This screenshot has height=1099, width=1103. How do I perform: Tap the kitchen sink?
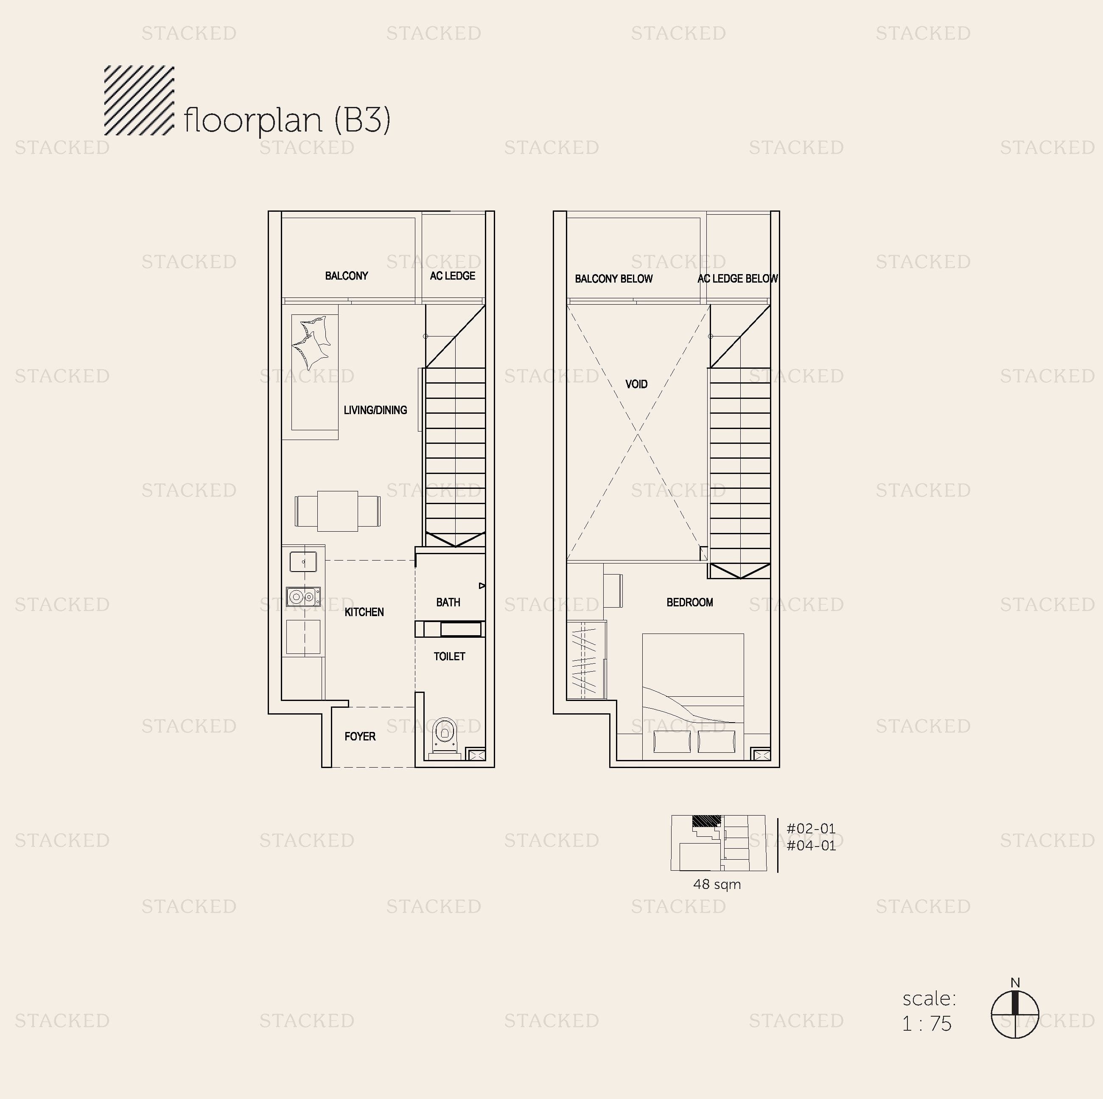(x=303, y=562)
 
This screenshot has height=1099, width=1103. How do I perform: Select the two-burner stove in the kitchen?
(x=303, y=597)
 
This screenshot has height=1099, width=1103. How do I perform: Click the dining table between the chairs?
(x=337, y=511)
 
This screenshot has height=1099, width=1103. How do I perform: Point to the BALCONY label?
(x=347, y=276)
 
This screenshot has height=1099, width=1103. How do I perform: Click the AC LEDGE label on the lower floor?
(x=453, y=276)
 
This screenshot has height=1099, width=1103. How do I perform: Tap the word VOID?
(x=637, y=384)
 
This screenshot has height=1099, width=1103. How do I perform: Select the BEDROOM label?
(x=690, y=602)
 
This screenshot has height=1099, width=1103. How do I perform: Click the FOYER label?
(x=360, y=737)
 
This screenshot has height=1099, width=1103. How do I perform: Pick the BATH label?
(x=448, y=602)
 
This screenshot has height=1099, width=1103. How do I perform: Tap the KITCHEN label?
(x=364, y=612)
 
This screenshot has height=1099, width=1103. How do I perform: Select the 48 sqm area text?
(x=717, y=884)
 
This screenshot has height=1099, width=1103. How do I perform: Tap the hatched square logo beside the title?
(x=139, y=101)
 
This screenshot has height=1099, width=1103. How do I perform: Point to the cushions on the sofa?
(x=311, y=342)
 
